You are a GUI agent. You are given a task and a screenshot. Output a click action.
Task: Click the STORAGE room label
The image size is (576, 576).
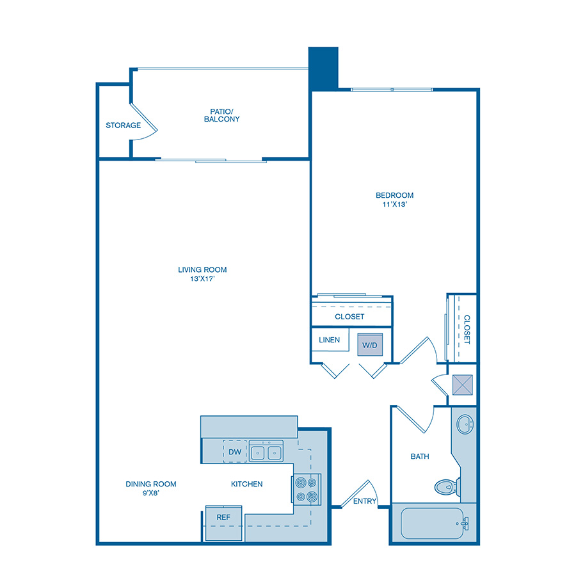124,125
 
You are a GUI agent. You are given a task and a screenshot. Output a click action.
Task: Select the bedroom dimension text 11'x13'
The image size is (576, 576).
394,205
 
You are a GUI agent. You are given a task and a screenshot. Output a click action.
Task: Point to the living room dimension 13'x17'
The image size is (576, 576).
202,279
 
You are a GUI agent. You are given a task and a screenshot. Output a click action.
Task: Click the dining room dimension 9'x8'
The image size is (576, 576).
151,493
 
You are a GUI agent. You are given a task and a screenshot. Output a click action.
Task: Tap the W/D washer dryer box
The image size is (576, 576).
370,344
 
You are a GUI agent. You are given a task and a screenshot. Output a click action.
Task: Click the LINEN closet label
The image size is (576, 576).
329,340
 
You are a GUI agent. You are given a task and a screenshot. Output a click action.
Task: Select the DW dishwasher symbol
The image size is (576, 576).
235,452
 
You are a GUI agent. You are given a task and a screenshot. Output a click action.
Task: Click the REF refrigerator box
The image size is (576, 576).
223,517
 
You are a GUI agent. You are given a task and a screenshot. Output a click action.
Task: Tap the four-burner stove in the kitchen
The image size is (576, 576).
306,490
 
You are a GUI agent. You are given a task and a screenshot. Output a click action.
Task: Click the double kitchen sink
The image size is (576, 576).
266,452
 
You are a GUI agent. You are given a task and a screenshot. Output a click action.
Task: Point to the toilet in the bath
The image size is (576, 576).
446,486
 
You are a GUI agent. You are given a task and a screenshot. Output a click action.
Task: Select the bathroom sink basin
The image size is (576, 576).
465,424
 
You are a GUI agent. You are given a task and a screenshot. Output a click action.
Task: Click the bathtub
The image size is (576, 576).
434,524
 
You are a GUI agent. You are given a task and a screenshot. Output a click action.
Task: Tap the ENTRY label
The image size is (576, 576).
365,501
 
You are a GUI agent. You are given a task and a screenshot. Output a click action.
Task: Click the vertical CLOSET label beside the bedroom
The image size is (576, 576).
467,330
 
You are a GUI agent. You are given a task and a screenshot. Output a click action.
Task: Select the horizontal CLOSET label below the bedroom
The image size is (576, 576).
349,317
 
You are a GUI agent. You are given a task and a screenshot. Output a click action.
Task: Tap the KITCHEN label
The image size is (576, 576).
247,484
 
